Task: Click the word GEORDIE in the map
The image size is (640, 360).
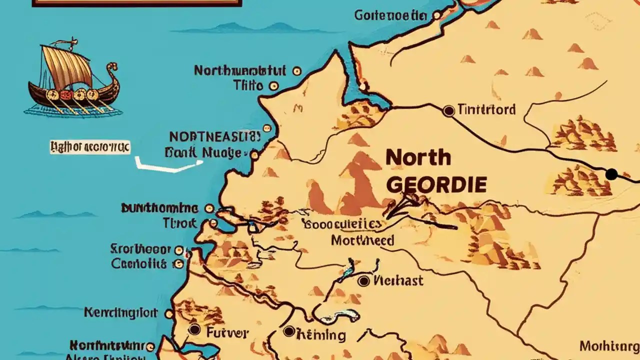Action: (436, 185)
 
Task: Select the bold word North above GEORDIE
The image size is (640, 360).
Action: (418, 158)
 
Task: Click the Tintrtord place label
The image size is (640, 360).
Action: (487, 109)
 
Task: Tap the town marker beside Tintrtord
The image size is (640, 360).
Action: (448, 110)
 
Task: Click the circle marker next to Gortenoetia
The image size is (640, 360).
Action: (437, 16)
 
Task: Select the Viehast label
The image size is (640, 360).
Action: (398, 280)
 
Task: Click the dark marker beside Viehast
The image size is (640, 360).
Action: (364, 281)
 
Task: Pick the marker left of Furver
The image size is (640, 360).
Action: (194, 330)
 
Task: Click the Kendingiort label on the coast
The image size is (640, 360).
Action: (120, 313)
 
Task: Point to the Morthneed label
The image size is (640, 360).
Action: (362, 240)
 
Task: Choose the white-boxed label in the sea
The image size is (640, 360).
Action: (90, 147)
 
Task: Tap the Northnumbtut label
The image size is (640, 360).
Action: (239, 70)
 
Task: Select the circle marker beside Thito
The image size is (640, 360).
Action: (273, 85)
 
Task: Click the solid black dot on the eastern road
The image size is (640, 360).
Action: (611, 174)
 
